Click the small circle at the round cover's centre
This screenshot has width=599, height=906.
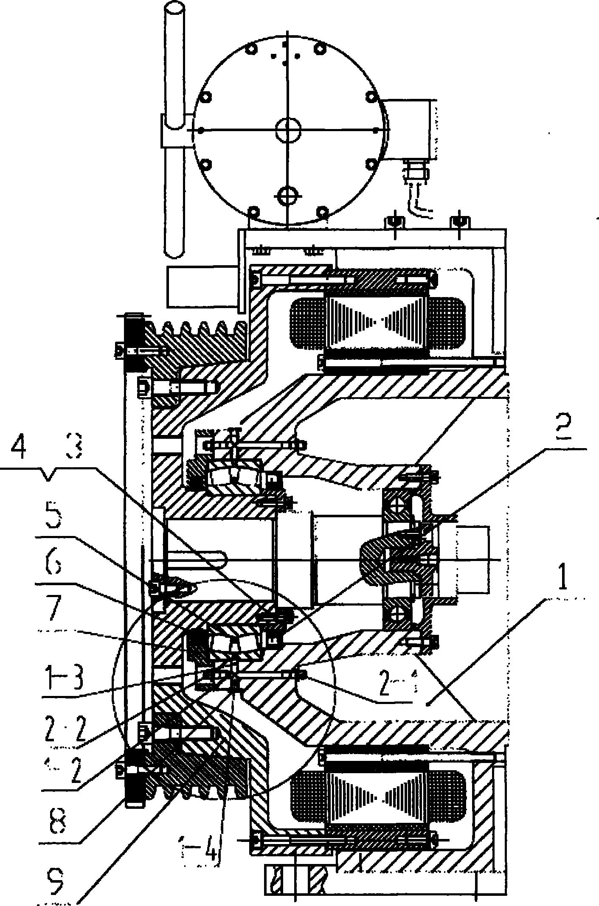(288, 130)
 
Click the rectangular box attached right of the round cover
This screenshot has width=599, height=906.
(410, 129)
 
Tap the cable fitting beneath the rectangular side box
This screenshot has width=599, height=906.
(414, 170)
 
